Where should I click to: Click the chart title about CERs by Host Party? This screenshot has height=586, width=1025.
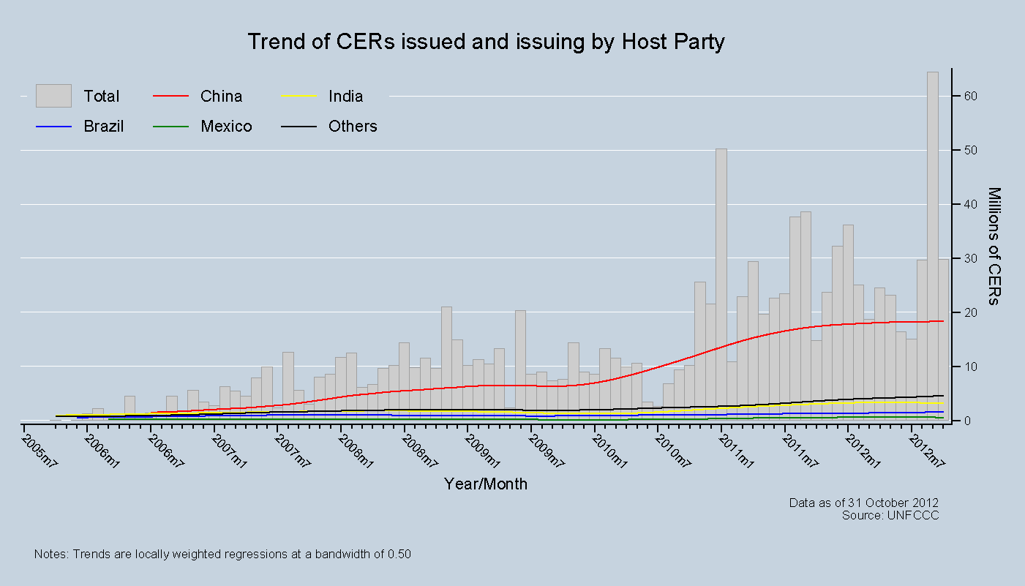(486, 42)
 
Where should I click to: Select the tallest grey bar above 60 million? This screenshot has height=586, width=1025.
(933, 241)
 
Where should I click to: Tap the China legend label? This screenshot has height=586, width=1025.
(221, 97)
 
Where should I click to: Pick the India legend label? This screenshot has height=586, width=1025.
(345, 97)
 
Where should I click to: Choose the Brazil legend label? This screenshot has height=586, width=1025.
(103, 127)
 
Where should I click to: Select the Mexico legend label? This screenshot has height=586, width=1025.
(226, 127)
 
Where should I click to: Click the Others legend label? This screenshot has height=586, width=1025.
(353, 127)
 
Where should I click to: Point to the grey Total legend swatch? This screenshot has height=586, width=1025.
(53, 96)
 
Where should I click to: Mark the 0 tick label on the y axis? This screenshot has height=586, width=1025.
(968, 421)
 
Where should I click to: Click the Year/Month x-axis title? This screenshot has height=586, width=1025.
(486, 484)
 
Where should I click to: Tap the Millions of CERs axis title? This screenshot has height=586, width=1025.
(994, 246)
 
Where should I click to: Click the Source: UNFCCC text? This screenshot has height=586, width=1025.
(890, 515)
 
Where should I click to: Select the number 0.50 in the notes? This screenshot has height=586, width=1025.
(398, 555)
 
